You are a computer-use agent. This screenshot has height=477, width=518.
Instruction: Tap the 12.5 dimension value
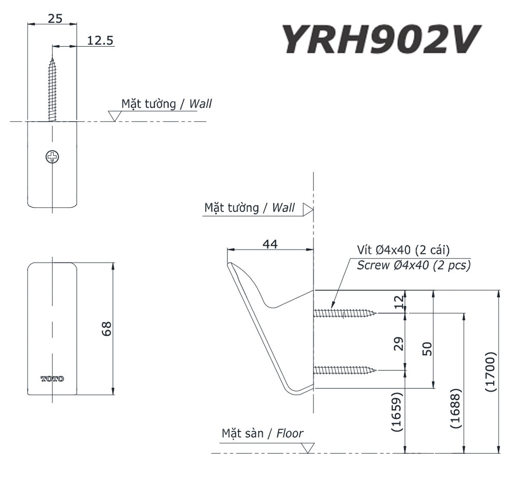pyautogui.click(x=100, y=40)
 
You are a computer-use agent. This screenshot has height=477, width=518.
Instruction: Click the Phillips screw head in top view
pyautogui.click(x=52, y=156)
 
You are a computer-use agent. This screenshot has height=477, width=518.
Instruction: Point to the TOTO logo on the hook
pyautogui.click(x=52, y=379)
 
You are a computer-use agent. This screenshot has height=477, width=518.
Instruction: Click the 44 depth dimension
pyautogui.click(x=270, y=244)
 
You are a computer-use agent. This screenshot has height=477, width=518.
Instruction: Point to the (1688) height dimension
pyautogui.click(x=456, y=409)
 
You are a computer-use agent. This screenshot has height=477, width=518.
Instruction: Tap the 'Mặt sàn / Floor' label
pyautogui.click(x=263, y=433)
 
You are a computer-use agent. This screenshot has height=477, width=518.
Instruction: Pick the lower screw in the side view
pyautogui.click(x=345, y=370)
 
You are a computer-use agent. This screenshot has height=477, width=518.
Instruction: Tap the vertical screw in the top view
pyautogui.click(x=52, y=88)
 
